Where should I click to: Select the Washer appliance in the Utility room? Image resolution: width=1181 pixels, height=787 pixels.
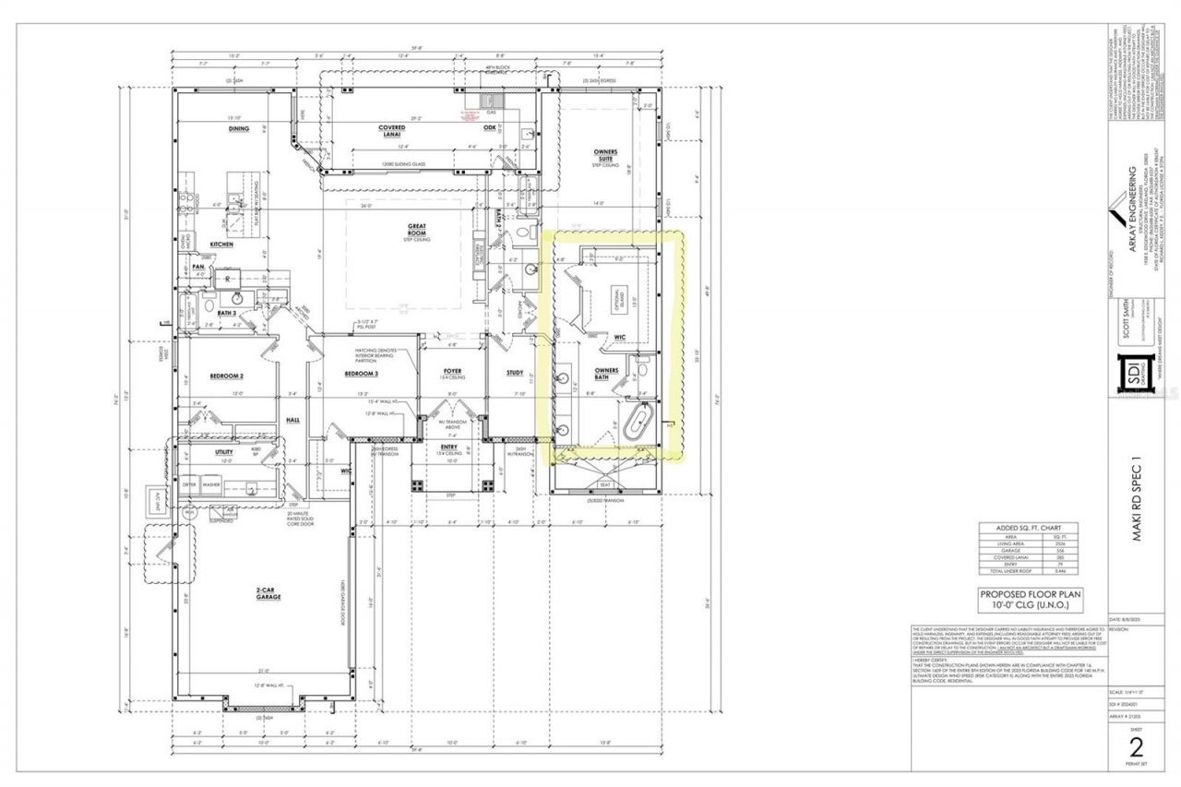point(211,484)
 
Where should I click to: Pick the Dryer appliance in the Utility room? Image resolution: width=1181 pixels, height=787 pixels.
point(190,484)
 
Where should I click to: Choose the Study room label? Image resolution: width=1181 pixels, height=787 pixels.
point(515,373)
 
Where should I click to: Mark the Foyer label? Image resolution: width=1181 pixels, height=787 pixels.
point(451,371)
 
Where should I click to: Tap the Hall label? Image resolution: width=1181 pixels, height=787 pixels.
point(292,419)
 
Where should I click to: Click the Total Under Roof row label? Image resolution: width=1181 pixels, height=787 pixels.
point(1013,573)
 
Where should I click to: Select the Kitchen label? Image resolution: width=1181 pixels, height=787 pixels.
point(221,244)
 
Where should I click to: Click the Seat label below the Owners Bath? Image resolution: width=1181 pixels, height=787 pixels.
point(605,483)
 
